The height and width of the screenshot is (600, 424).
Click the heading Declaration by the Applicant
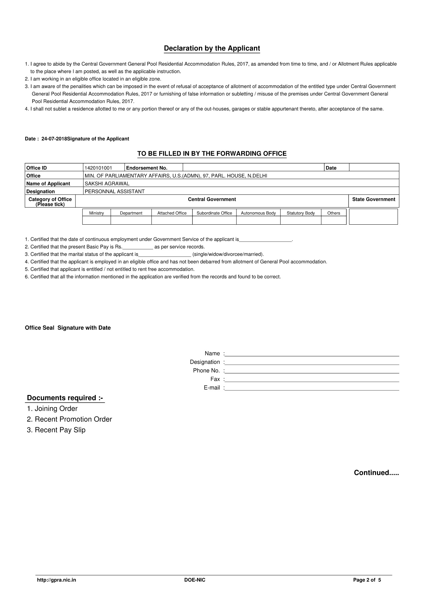[212, 48]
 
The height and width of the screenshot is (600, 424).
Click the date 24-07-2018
[54, 139]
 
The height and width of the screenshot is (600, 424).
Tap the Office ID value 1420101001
[98, 168]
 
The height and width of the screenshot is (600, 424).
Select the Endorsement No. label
[147, 168]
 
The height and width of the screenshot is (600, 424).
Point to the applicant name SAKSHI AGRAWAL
[107, 184]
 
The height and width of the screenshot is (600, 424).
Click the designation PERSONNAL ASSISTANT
[115, 191]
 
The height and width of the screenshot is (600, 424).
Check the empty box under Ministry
[96, 220]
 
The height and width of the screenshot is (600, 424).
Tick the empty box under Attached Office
[172, 220]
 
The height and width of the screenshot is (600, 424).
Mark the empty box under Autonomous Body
[258, 220]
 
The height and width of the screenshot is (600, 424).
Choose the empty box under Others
[334, 220]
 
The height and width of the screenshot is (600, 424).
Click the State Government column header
[374, 199]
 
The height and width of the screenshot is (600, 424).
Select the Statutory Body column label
[301, 213]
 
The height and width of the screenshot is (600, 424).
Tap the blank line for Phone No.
[312, 371]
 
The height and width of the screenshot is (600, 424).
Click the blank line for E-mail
[312, 388]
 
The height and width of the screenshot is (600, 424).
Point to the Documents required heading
[65, 398]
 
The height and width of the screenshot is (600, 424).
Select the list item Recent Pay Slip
[56, 430]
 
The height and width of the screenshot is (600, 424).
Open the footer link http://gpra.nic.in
[56, 580]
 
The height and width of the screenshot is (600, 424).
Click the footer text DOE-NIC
[195, 580]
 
